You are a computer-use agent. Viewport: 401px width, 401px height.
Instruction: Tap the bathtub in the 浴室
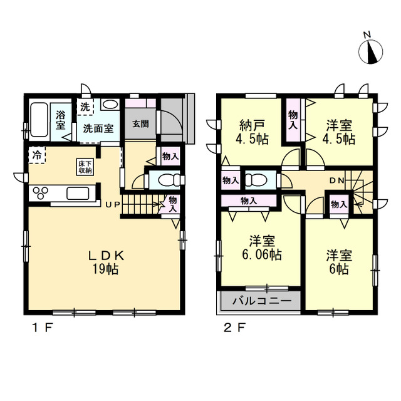coord(39,120)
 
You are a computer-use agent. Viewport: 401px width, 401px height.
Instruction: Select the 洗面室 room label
coord(98,128)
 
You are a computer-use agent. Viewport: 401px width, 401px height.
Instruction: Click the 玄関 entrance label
coord(140,124)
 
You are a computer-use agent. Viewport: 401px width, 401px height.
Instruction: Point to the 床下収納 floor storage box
coord(85,167)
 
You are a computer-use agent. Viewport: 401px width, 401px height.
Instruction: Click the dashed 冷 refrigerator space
coord(37,155)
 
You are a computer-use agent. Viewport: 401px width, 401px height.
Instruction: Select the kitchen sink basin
coord(78,194)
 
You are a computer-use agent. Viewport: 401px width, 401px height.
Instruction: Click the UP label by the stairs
coord(113,205)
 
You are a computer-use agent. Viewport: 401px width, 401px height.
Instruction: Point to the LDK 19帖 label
coord(106,262)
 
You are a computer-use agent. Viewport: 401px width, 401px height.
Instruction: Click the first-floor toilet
coord(169,180)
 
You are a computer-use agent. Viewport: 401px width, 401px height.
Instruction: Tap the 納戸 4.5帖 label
coord(252,133)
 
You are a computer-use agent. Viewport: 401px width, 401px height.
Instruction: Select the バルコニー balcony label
coord(262,301)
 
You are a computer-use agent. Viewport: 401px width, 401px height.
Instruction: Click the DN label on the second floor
coord(337,180)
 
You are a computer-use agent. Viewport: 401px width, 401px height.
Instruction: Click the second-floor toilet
coord(256,180)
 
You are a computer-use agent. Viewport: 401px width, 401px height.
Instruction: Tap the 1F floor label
coord(43,328)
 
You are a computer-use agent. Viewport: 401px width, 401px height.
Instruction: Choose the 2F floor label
coord(234,328)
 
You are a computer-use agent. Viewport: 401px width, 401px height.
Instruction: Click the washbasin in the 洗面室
coord(110,105)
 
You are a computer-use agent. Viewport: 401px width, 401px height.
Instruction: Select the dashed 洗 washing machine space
coord(85,107)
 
